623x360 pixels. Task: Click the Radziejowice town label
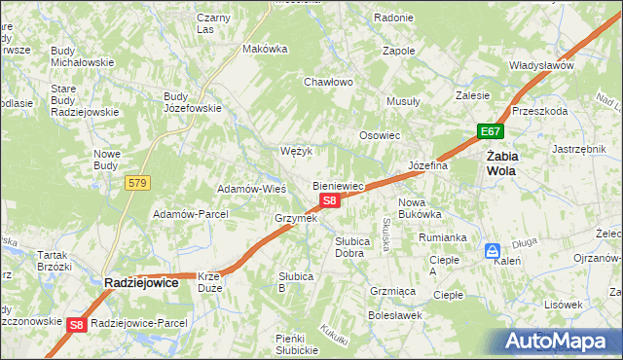(141, 282)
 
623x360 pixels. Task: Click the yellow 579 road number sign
(136, 182)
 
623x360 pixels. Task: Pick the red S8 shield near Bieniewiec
(330, 200)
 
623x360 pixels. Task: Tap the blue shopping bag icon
(493, 250)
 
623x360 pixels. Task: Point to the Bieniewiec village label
(338, 185)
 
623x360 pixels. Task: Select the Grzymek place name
(297, 218)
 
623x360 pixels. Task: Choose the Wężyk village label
(295, 151)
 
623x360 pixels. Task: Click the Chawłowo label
(328, 82)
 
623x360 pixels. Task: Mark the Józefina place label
(427, 165)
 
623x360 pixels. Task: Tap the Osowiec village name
(381, 135)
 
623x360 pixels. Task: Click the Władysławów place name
(541, 65)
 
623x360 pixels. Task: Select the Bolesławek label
(394, 315)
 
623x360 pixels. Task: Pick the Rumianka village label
(443, 236)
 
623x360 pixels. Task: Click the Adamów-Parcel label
(191, 213)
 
